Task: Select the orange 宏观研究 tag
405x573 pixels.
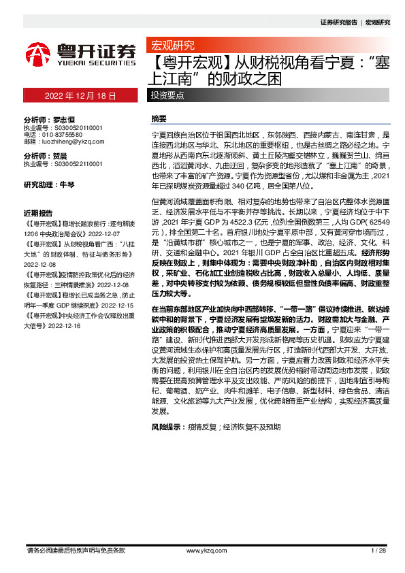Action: [x=171, y=46]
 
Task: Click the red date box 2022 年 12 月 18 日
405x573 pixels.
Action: [x=80, y=95]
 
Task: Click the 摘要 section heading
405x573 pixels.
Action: [x=159, y=118]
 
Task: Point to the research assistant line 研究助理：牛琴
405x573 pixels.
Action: [x=49, y=185]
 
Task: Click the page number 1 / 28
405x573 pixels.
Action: [x=378, y=550]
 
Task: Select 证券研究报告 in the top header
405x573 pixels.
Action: [x=338, y=22]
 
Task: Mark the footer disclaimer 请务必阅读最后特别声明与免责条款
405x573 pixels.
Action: [x=75, y=550]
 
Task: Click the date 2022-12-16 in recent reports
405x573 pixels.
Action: [x=64, y=326]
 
